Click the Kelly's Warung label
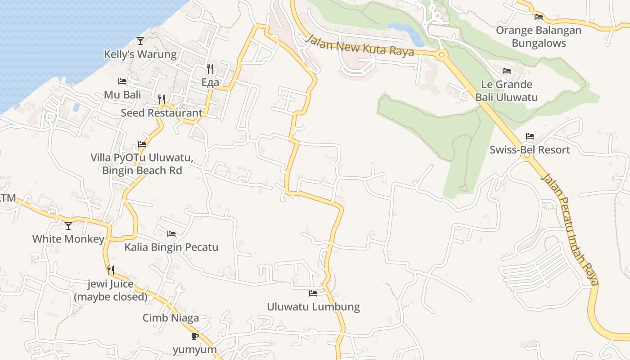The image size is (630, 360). point(140,54)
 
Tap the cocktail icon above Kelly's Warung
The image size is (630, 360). point(140,41)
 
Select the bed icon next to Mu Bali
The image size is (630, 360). point(122,81)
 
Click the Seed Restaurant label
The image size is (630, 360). point(162,113)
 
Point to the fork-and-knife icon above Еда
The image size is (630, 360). point(210,68)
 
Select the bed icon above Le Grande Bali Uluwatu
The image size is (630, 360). point(507,71)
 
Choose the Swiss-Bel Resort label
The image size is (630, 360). point(530,150)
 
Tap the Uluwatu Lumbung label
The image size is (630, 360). point(313,307)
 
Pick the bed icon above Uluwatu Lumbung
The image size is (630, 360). point(313,293)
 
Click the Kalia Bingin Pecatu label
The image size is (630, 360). point(171,247)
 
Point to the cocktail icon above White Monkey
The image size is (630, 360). point(68,225)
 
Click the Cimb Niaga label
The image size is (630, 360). point(171,318)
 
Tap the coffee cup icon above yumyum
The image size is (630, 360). point(195,336)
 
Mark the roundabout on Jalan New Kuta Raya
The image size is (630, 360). point(441,55)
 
